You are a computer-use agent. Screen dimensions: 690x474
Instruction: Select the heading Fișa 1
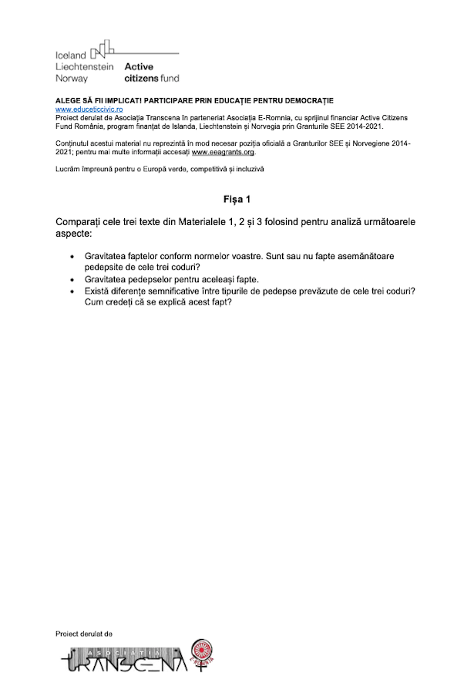(x=237, y=199)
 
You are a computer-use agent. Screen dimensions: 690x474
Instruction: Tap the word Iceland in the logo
(x=71, y=56)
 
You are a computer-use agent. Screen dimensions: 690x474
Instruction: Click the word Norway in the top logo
(x=72, y=78)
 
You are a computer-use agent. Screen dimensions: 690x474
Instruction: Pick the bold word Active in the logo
(x=139, y=67)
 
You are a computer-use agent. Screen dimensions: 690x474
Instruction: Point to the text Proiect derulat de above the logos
(x=84, y=634)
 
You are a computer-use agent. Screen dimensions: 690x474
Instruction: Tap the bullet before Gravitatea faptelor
(x=72, y=255)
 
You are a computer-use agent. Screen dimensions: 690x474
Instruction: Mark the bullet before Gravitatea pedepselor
(x=72, y=278)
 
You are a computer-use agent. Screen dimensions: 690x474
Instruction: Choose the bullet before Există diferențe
(x=72, y=291)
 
